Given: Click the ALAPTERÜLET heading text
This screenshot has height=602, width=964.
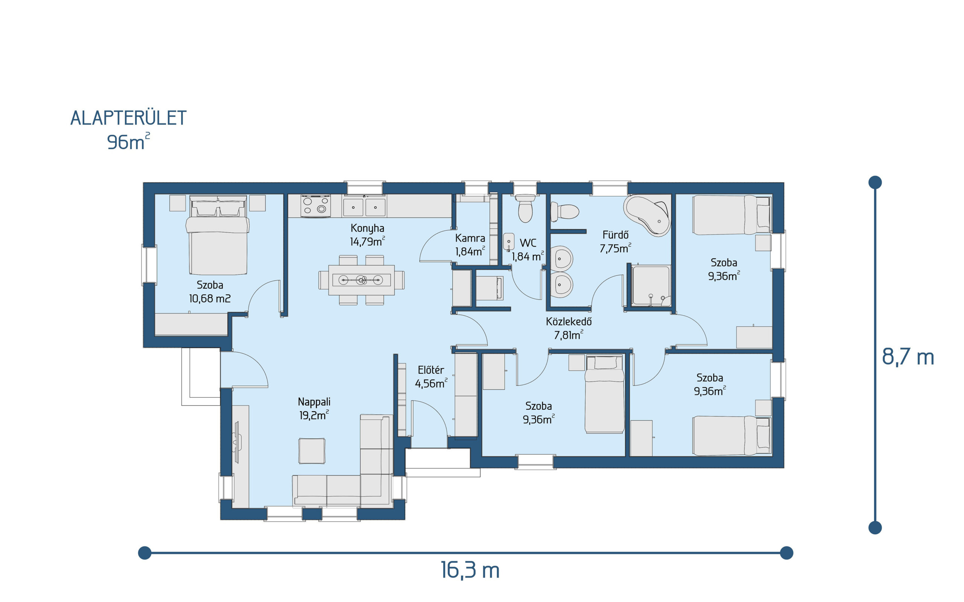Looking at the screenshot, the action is [128, 118].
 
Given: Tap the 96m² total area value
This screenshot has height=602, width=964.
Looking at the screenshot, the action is [128, 142].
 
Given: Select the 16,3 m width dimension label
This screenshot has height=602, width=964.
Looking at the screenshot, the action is [470, 570].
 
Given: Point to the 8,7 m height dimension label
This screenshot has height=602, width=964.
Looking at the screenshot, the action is [908, 357].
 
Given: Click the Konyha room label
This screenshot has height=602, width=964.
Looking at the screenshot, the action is [367, 228].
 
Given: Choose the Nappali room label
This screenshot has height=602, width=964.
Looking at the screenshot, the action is [314, 402].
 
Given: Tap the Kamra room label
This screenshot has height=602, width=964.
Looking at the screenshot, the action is [470, 238].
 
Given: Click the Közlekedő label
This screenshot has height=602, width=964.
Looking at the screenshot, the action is [569, 321].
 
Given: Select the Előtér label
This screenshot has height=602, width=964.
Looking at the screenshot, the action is [431, 370].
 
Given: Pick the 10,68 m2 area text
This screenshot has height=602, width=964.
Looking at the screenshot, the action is [210, 299].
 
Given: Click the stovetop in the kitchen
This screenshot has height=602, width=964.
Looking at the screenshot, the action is [316, 206].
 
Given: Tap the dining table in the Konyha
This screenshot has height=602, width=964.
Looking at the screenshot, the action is [361, 280].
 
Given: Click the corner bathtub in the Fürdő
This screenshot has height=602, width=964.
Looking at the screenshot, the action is [647, 215].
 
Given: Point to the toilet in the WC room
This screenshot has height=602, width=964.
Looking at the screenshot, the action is [525, 208].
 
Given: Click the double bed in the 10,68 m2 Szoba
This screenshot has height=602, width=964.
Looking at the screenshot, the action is [218, 235].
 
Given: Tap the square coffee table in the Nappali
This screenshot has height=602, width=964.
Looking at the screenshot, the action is [312, 451].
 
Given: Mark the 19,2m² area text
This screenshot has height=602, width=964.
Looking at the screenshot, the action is [314, 415].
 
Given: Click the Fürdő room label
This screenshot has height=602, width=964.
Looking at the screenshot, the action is [615, 235].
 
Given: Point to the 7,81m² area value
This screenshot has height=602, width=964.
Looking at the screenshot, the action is [569, 335].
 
